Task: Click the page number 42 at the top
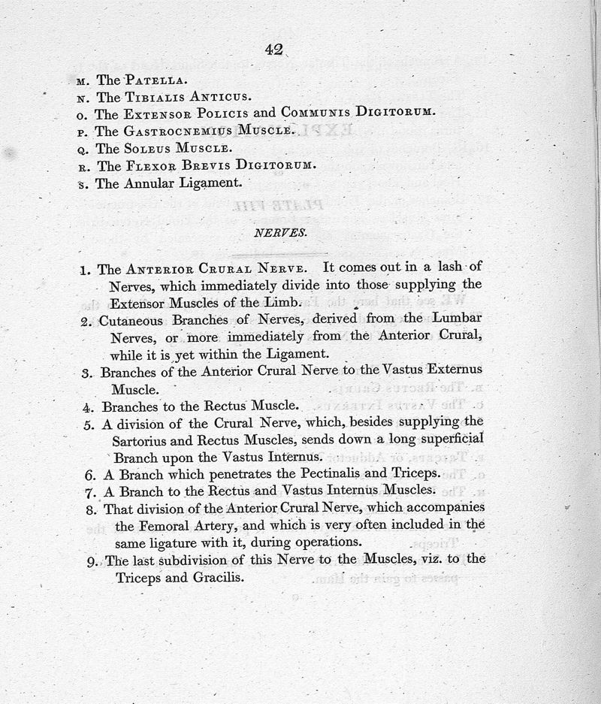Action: click(273, 50)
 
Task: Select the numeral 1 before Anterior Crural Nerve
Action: click(86, 269)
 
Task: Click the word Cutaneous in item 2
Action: click(132, 321)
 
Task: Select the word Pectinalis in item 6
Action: click(310, 474)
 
